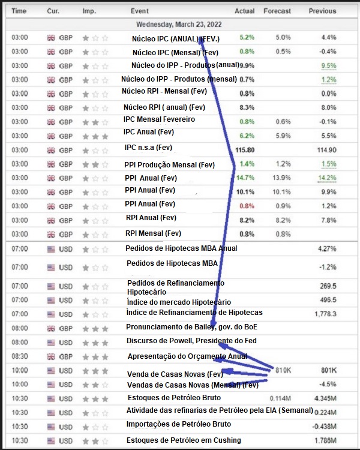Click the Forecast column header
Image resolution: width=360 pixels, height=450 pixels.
[x=277, y=11]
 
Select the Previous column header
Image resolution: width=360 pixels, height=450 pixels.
[x=322, y=11]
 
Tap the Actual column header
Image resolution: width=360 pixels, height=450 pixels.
[x=245, y=11]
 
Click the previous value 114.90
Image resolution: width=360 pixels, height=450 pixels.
[x=326, y=150]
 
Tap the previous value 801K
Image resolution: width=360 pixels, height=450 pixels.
[x=328, y=370]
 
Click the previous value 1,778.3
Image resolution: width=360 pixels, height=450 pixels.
[x=325, y=314]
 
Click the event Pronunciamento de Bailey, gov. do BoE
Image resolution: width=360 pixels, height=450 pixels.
[x=191, y=327]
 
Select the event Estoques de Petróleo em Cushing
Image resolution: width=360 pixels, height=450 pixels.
[x=184, y=440]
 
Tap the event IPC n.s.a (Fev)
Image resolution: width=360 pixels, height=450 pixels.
[x=148, y=147]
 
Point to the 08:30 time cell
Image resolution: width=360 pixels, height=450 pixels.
[x=20, y=356]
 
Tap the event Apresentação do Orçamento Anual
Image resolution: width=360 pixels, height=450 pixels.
[x=187, y=356]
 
